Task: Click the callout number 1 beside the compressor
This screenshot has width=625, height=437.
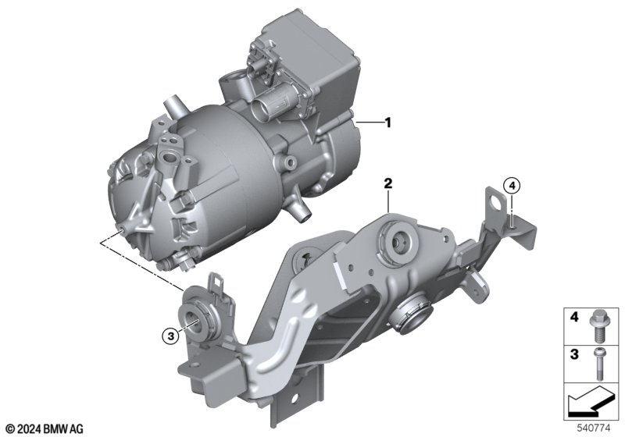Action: (387, 123)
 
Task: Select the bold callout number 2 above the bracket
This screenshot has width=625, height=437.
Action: (387, 184)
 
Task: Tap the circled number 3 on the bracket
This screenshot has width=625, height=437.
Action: (171, 336)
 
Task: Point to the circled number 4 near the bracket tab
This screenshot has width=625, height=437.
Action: (512, 185)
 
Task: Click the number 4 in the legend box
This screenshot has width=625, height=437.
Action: (574, 318)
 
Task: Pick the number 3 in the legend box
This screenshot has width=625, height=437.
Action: (574, 354)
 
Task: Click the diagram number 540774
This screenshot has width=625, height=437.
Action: (594, 428)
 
